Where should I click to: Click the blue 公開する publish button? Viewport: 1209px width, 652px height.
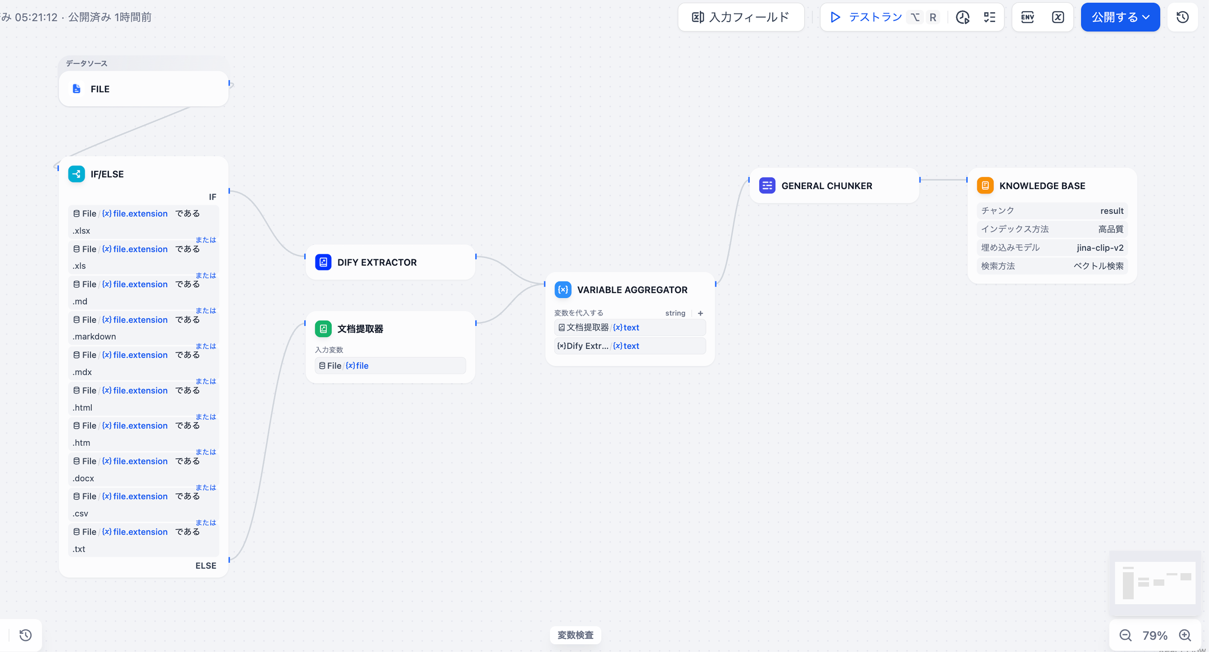pyautogui.click(x=1120, y=17)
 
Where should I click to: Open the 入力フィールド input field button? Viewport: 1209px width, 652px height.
pyautogui.click(x=740, y=17)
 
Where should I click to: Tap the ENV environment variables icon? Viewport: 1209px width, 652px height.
pyautogui.click(x=1027, y=17)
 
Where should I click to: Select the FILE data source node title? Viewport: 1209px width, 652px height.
pyautogui.click(x=100, y=89)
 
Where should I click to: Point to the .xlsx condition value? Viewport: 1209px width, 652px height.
pyautogui.click(x=81, y=231)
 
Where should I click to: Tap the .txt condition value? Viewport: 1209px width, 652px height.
pyautogui.click(x=79, y=549)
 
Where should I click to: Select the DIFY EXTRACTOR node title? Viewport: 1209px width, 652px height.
pyautogui.click(x=377, y=262)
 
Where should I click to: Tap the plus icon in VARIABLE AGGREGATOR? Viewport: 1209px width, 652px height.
pyautogui.click(x=700, y=313)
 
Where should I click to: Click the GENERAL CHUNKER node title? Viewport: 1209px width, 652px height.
pyautogui.click(x=827, y=186)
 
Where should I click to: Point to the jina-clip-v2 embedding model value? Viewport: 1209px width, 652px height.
pyautogui.click(x=1100, y=247)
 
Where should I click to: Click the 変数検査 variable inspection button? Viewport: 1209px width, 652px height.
pyautogui.click(x=575, y=635)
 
